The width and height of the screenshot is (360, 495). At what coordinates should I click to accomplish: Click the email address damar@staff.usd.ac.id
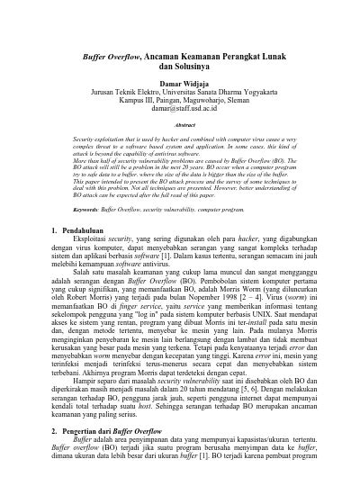click(180, 110)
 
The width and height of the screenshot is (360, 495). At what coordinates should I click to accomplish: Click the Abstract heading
click(180, 125)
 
